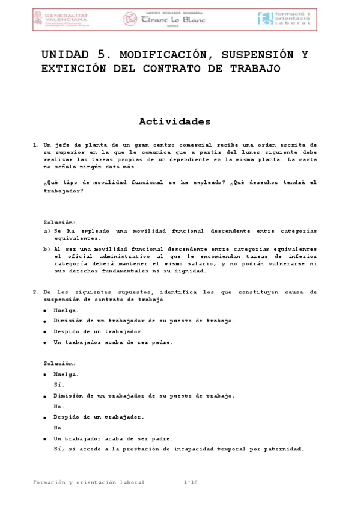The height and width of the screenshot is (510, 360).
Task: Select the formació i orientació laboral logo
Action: point(284,19)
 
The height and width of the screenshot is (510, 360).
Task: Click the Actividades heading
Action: point(175,122)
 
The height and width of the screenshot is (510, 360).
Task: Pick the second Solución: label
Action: point(59,363)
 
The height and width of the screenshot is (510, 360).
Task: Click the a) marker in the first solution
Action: point(47,231)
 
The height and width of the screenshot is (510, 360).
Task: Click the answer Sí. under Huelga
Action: point(58,384)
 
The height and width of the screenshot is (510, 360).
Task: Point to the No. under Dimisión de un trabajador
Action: point(58,406)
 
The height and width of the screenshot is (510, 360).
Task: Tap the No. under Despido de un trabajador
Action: point(58,428)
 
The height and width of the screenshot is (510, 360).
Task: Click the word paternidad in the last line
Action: point(281,449)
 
